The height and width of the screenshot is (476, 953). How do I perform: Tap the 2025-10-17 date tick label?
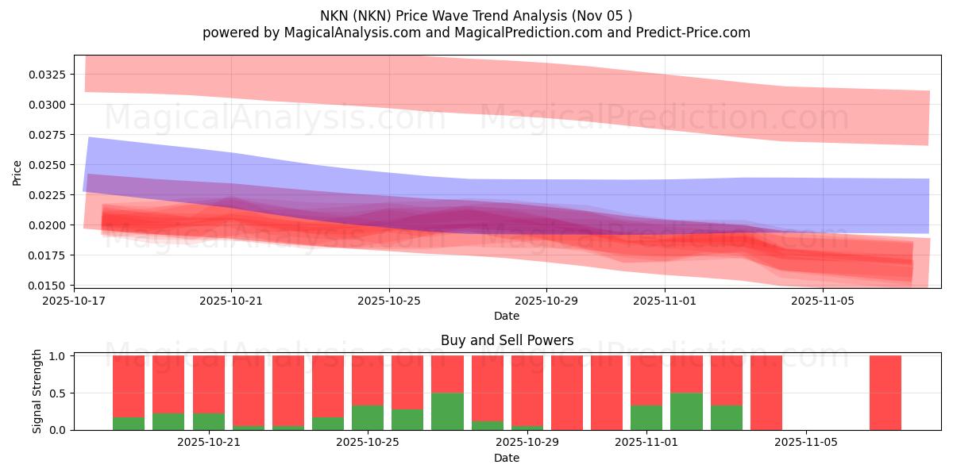pos(74,301)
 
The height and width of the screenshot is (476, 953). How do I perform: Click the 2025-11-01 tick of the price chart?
pos(665,301)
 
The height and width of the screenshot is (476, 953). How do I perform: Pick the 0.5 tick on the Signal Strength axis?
pos(60,393)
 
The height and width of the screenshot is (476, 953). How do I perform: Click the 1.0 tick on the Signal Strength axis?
pos(60,356)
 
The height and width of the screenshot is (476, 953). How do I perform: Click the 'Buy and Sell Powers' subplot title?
pos(507,340)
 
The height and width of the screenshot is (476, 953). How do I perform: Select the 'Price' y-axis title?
pos(17,172)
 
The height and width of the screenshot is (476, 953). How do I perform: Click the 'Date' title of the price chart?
pos(507,316)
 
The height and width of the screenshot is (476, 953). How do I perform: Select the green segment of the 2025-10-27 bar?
pos(448,411)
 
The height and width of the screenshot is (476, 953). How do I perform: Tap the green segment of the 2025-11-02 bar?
pos(686,411)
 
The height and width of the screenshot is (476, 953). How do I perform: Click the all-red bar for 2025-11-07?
pos(885,393)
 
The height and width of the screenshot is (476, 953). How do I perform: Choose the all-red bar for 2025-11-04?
pos(766,393)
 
